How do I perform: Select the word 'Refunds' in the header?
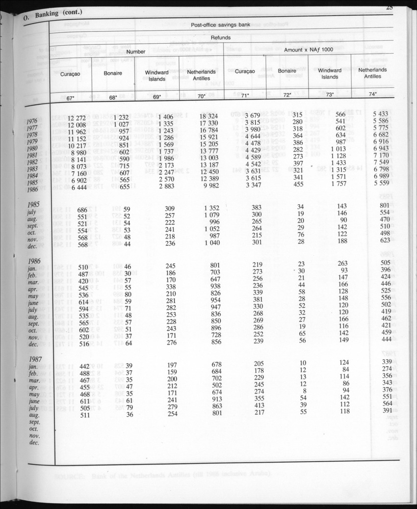(x=221, y=37)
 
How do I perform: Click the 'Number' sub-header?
(x=136, y=52)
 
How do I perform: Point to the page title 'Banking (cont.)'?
(x=58, y=13)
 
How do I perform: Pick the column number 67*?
(x=71, y=98)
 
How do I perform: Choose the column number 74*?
(x=373, y=94)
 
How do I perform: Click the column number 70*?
(x=201, y=97)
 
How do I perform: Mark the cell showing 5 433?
(x=381, y=113)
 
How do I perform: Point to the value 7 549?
(x=381, y=162)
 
